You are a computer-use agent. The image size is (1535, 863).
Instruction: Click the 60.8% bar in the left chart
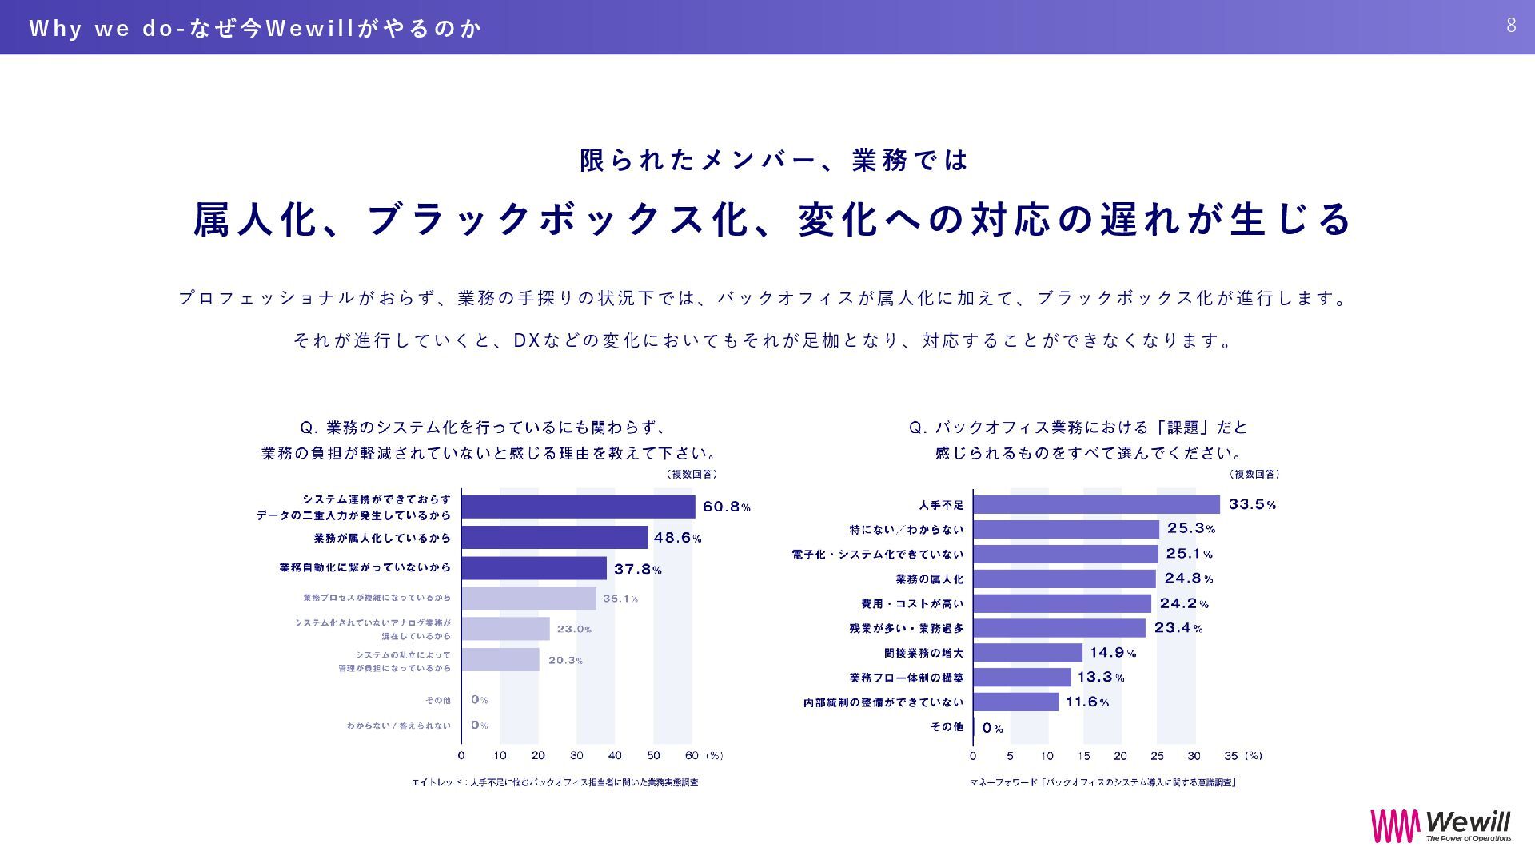tap(578, 507)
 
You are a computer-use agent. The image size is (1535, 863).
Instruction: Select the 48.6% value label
tap(677, 538)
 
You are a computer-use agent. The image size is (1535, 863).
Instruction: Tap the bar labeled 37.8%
tap(534, 568)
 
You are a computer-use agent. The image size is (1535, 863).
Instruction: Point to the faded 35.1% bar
tap(528, 599)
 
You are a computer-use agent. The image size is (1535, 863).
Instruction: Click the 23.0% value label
tap(574, 629)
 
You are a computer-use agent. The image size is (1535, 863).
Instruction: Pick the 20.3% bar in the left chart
tap(500, 659)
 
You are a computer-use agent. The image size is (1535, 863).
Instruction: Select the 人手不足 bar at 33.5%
tap(1096, 504)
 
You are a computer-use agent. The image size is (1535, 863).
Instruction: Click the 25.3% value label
tap(1190, 528)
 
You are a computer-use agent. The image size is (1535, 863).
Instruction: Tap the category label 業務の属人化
tap(929, 579)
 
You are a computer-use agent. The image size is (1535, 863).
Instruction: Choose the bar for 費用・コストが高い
tap(1062, 603)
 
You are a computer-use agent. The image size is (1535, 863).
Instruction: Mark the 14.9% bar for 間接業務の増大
tap(1027, 653)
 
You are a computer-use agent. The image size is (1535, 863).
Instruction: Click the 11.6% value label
tap(1086, 702)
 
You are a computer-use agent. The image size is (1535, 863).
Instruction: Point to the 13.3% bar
tap(1022, 678)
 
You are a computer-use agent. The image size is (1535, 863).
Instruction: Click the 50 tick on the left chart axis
tap(653, 756)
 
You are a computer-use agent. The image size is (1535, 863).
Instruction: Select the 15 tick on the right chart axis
tap(1083, 756)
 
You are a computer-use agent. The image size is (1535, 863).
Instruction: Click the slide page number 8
tap(1511, 26)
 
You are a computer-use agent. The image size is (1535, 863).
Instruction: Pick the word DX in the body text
tap(526, 340)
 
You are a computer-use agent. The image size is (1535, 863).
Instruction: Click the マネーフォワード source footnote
tap(1102, 782)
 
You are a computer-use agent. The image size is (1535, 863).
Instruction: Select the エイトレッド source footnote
tap(554, 782)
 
